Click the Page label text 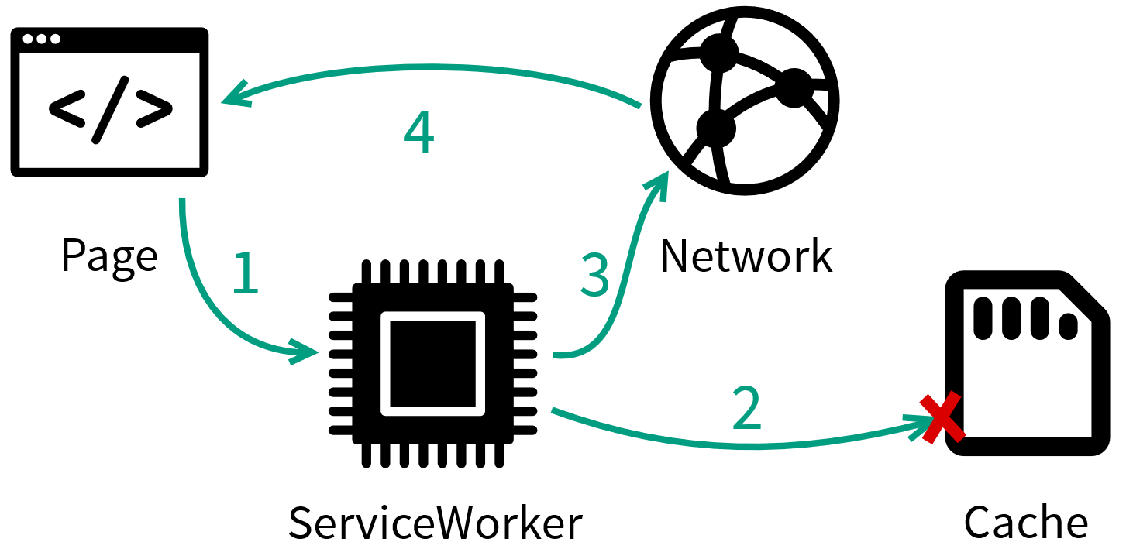(x=108, y=256)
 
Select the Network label (x=746, y=256)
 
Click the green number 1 (x=246, y=273)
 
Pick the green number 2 (x=747, y=408)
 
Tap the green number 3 (x=595, y=274)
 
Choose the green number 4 (x=418, y=134)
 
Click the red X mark (x=942, y=418)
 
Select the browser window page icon (x=109, y=102)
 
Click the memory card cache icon (x=1028, y=364)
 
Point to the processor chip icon (x=432, y=364)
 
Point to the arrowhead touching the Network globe (x=659, y=183)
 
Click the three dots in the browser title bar (x=41, y=39)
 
